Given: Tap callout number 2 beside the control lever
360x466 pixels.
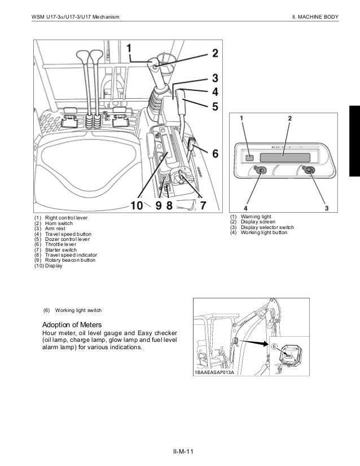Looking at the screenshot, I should coord(214,54).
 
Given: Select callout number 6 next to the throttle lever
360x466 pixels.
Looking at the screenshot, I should coord(214,152).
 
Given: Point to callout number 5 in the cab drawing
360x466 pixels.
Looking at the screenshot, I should coord(214,106).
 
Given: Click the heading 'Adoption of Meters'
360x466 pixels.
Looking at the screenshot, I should coord(72,326).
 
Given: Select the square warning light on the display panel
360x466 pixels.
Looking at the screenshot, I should coord(250,158).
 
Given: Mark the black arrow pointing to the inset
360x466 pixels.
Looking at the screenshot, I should coord(251,342).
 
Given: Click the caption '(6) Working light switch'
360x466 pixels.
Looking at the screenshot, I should coord(73,310).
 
